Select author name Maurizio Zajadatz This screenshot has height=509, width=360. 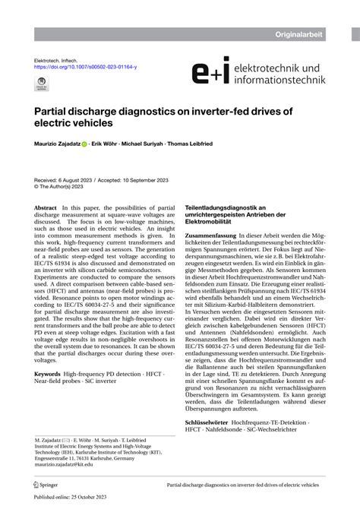coord(61,144)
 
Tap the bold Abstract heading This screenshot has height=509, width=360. coord(46,207)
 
